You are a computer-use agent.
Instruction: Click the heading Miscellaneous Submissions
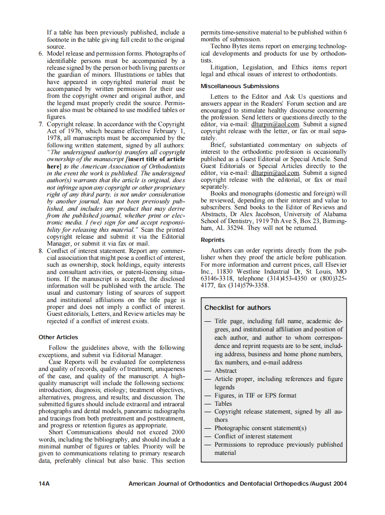(239, 86)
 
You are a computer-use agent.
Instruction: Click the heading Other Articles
(58, 337)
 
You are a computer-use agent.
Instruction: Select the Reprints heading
(213, 240)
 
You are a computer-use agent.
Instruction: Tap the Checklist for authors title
(238, 308)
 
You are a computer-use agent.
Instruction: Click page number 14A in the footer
(45, 483)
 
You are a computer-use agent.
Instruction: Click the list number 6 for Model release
(41, 54)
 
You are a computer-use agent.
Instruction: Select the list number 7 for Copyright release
(41, 124)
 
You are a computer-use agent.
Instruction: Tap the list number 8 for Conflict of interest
(41, 251)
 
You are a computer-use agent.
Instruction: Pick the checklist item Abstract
(226, 370)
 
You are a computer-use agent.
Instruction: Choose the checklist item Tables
(223, 403)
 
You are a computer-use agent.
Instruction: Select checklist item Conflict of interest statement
(253, 436)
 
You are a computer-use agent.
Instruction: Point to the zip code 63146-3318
(217, 279)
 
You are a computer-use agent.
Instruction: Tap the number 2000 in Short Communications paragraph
(177, 432)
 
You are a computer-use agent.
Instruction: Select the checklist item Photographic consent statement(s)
(260, 428)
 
